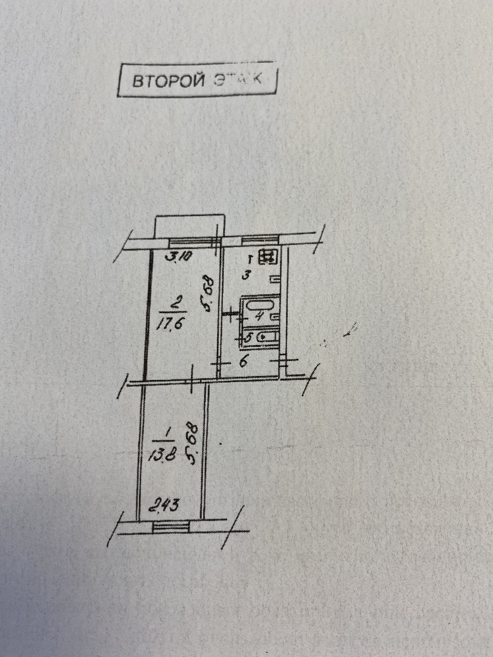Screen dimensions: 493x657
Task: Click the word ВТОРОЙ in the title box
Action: point(168,81)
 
